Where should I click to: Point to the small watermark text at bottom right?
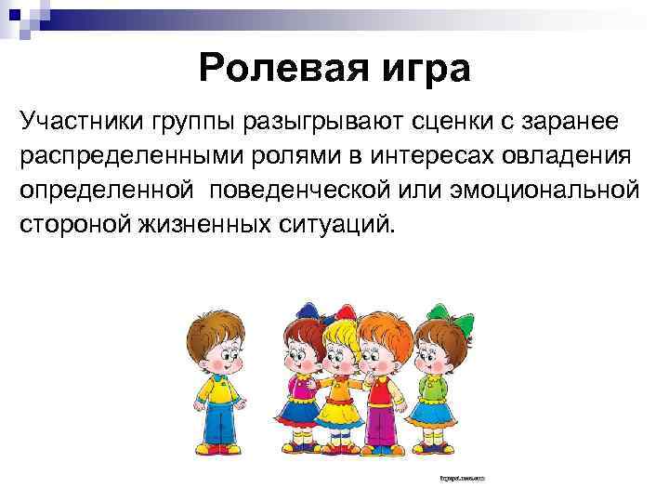coord(463,480)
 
